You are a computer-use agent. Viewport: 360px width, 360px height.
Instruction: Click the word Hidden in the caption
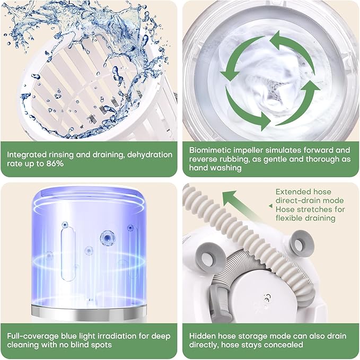click(203, 335)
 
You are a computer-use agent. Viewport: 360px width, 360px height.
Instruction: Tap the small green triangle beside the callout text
click(270, 192)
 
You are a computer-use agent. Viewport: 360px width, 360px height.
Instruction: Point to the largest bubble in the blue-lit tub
click(108, 237)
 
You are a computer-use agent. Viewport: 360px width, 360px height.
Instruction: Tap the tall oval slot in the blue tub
click(65, 240)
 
